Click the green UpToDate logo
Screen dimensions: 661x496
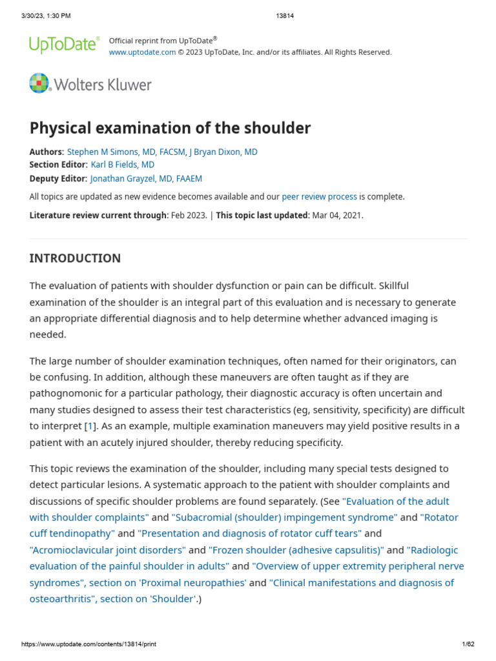(64, 45)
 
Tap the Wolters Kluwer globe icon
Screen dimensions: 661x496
(39, 84)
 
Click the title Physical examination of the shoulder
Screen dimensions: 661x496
(170, 128)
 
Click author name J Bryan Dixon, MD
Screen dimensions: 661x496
(223, 152)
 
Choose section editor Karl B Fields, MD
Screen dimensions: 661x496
(123, 165)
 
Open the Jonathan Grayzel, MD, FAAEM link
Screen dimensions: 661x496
(146, 179)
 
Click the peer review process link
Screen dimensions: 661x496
(319, 197)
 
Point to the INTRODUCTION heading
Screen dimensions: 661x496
(75, 258)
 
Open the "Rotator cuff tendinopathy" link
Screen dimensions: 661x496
(72, 533)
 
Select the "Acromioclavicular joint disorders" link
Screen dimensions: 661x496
(107, 549)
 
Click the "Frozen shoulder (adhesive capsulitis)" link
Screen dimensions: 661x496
(296, 549)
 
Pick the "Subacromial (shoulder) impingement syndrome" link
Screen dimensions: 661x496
(285, 517)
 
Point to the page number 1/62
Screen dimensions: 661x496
(468, 644)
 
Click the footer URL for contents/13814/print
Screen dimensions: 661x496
(88, 644)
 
